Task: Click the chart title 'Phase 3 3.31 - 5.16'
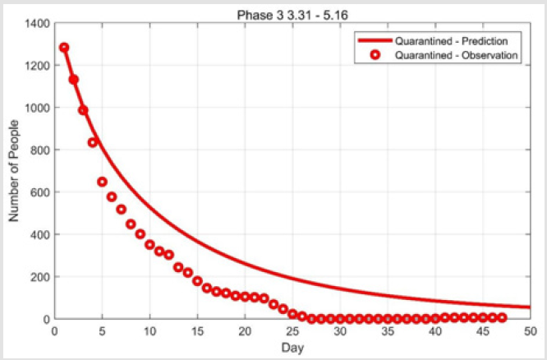(292, 16)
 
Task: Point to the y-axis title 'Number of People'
(14, 171)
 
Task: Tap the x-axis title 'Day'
(292, 348)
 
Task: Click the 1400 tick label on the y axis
(37, 23)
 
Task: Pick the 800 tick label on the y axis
(40, 150)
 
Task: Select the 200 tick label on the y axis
(40, 276)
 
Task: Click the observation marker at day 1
(64, 48)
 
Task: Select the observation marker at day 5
(102, 182)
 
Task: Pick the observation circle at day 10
(149, 244)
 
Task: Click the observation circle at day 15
(197, 281)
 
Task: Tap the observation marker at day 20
(245, 297)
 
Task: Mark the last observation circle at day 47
(502, 317)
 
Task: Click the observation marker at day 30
(340, 318)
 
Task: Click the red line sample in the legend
(375, 40)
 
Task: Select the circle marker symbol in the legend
(375, 55)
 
